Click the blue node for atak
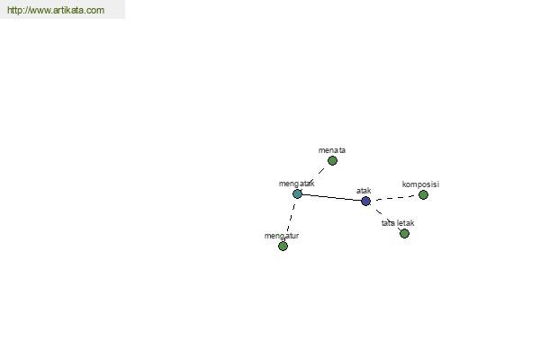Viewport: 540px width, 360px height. coord(365,201)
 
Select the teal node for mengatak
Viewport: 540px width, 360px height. coord(297,194)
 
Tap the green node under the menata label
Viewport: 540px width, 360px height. coord(332,160)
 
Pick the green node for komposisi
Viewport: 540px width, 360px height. coord(423,195)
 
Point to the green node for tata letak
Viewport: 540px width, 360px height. coord(404,234)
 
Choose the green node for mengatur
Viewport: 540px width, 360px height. coord(283,246)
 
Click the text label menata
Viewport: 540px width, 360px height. coord(332,150)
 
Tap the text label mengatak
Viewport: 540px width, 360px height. coord(296,184)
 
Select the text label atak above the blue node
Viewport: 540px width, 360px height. coord(364,191)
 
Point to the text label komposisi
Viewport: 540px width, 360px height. coord(420,184)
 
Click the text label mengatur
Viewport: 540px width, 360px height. coord(282,236)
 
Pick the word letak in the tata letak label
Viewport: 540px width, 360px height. coord(405,223)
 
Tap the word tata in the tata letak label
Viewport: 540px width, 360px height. coord(388,223)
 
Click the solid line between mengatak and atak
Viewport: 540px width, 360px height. coord(331,197)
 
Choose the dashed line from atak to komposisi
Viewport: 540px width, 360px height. coord(395,198)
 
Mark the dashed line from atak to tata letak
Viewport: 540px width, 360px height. coord(385,218)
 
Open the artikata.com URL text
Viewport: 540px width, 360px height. coord(56,10)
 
